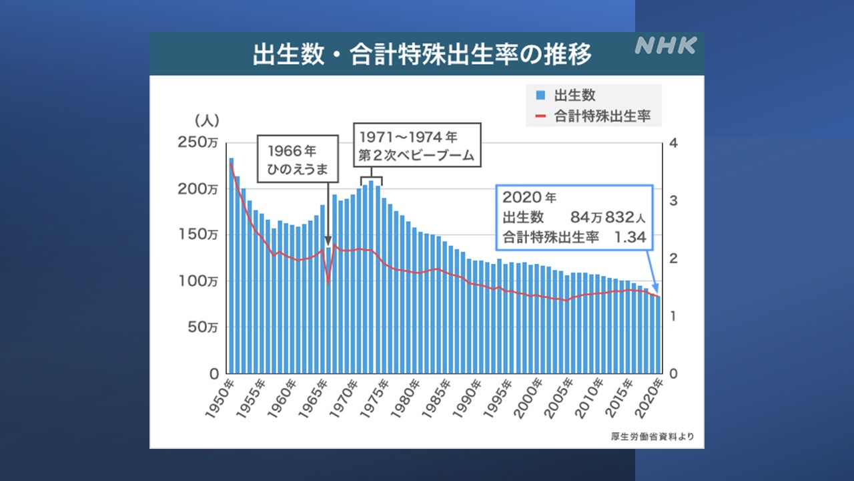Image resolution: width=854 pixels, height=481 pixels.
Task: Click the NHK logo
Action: (665, 45)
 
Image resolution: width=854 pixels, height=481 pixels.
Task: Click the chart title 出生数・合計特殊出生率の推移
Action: (422, 55)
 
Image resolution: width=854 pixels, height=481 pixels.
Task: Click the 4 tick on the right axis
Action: (673, 143)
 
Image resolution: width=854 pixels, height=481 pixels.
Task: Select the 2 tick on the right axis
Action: (673, 258)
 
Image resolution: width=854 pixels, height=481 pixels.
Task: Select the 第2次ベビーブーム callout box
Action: (416, 146)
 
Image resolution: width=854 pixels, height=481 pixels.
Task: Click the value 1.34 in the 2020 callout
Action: (630, 236)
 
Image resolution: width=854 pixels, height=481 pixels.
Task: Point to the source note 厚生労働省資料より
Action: (652, 438)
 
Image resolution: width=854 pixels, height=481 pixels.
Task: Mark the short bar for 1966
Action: (328, 311)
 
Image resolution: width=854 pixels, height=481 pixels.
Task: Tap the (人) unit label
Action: (207, 120)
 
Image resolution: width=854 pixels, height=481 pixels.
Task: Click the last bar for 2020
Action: (659, 335)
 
